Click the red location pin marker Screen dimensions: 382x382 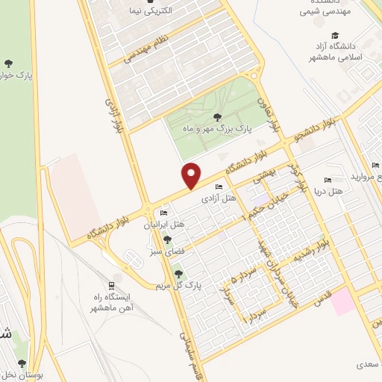click(192, 175)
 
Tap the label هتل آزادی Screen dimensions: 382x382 click(218, 198)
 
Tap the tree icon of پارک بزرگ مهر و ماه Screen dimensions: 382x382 click(217, 116)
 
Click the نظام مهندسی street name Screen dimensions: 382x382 click(146, 50)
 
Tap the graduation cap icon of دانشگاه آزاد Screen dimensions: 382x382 click(335, 35)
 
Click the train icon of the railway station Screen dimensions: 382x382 click(111, 286)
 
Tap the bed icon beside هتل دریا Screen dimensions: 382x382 click(328, 180)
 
